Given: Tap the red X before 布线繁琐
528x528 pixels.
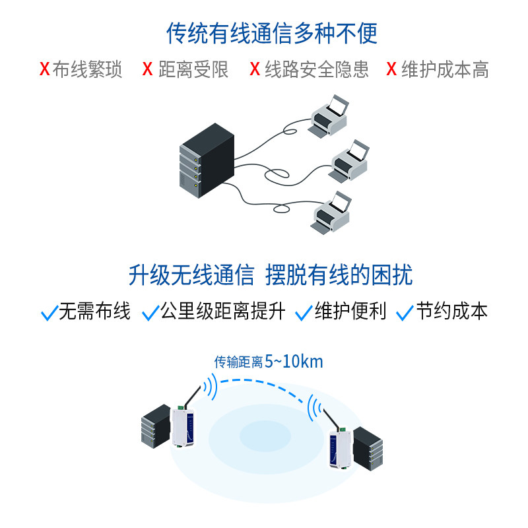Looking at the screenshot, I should (44, 69).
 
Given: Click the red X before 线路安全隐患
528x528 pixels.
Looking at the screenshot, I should (255, 69).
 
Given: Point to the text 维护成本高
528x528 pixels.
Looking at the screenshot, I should (445, 69).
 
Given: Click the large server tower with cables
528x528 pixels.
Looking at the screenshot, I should (206, 160).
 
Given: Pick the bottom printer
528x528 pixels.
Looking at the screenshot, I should (331, 211).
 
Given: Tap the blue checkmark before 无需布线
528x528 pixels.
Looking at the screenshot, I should (49, 313).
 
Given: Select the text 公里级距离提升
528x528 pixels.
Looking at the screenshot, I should (223, 312).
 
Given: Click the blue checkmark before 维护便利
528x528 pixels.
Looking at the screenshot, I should (304, 313).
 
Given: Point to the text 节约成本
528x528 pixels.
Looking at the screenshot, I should (452, 312).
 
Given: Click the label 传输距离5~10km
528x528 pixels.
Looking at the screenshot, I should (269, 362).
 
